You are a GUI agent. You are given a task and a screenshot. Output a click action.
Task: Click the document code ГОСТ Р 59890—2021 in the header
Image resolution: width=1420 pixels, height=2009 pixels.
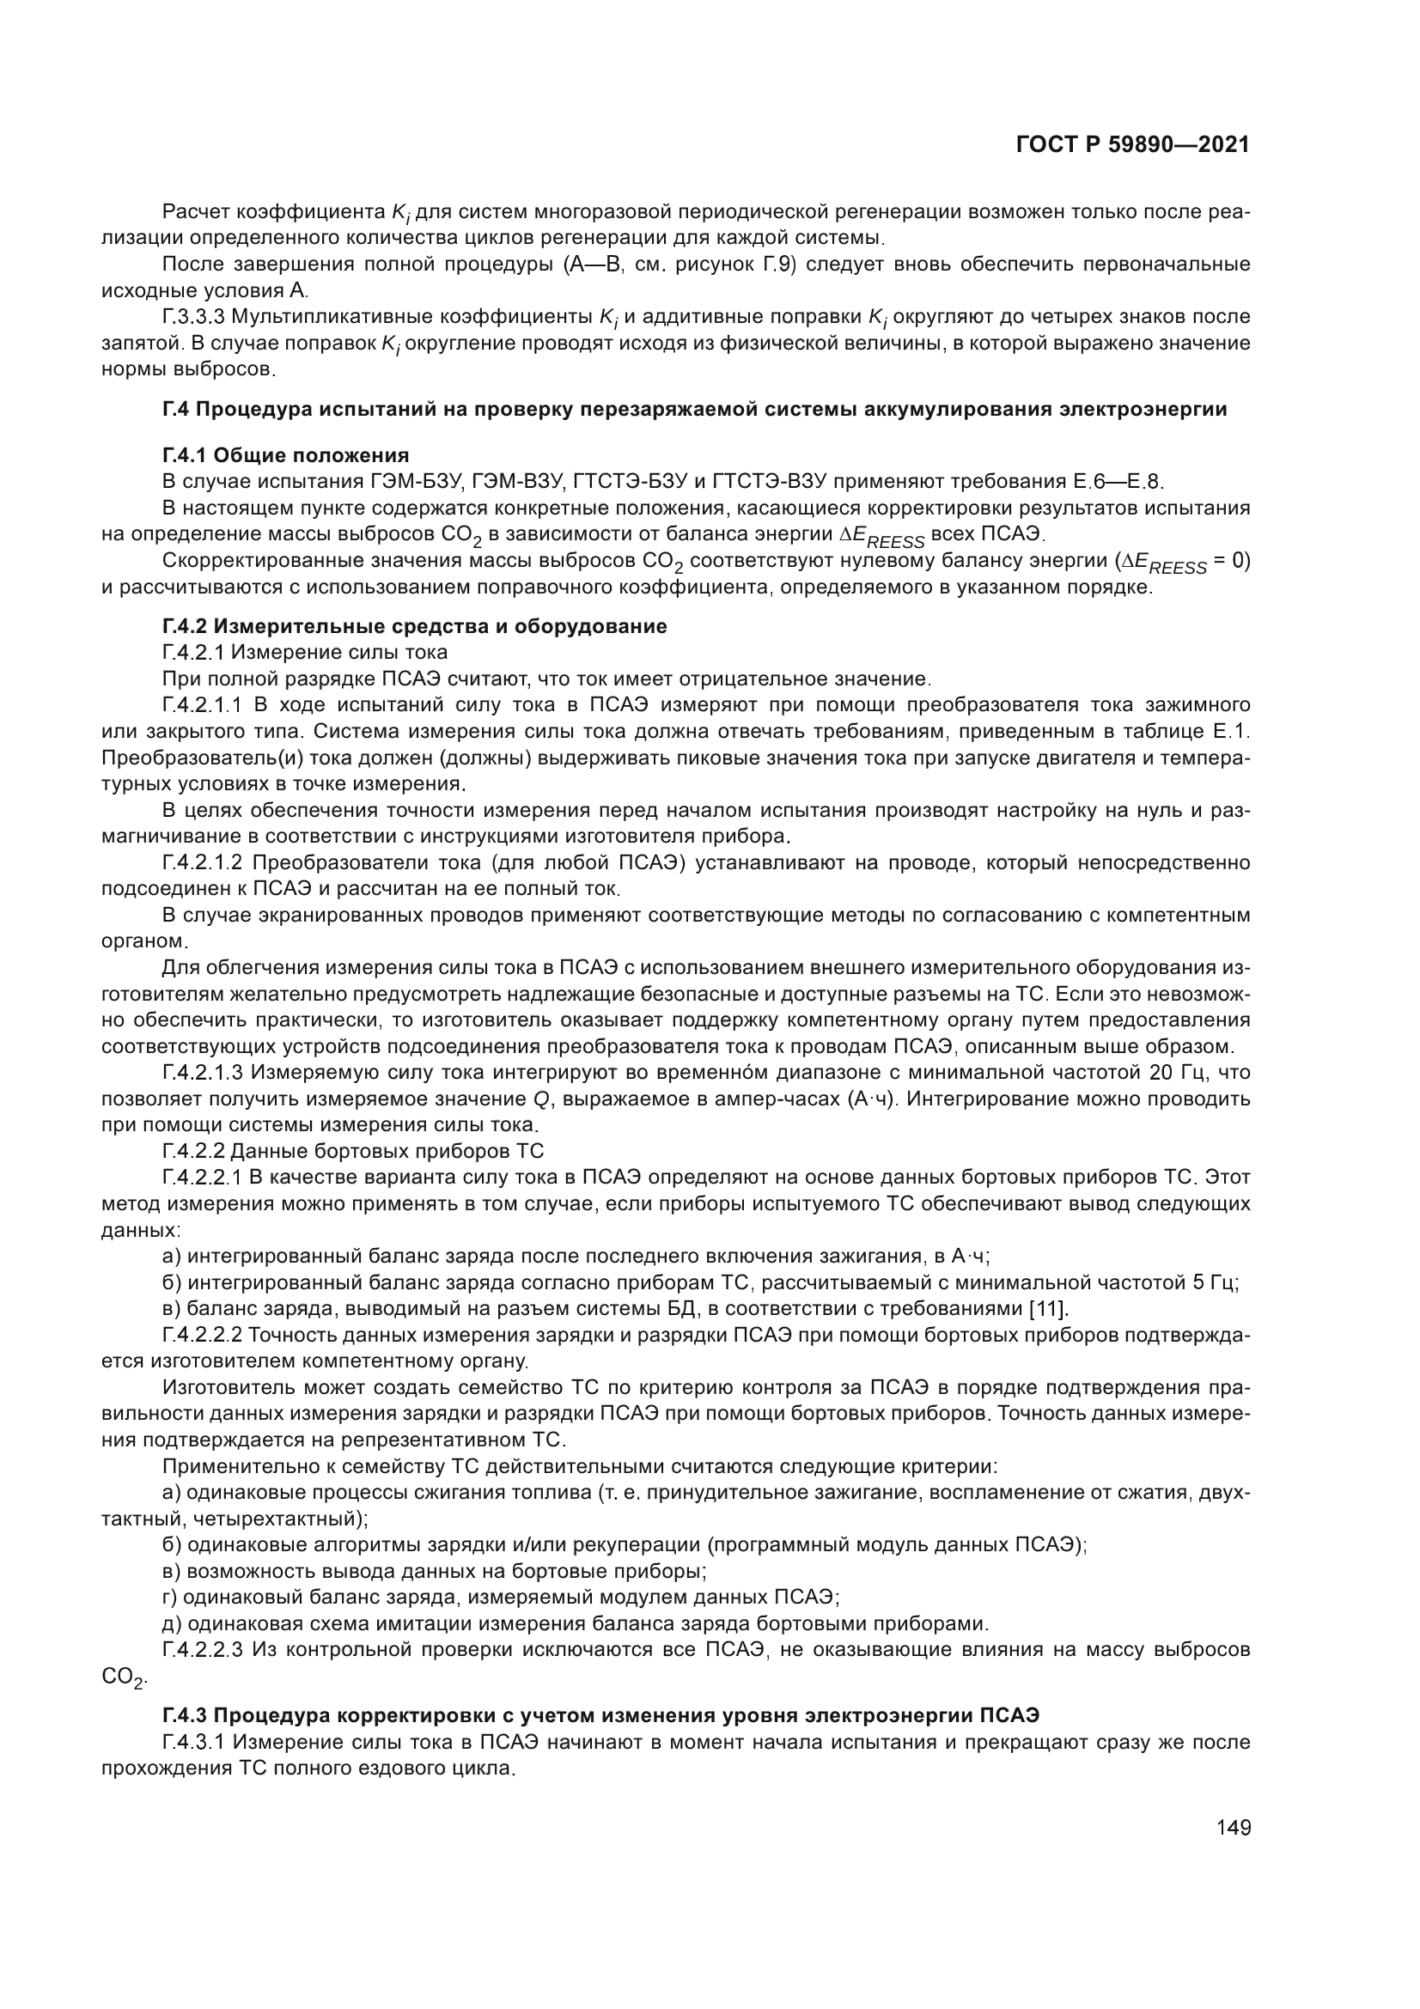[x=1132, y=145]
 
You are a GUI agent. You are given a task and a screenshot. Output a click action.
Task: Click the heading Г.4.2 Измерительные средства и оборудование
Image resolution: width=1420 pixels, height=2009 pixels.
[x=414, y=626]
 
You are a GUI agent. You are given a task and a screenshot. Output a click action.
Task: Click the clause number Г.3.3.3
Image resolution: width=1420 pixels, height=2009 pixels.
[x=194, y=317]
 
